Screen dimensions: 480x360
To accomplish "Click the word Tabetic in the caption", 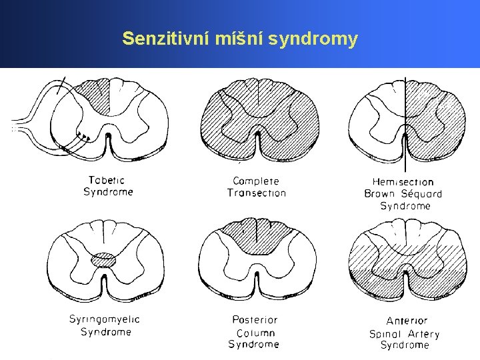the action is (107, 180).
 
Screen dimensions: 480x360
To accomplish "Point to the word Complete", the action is (256, 181).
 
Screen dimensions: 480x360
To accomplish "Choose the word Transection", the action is (257, 193).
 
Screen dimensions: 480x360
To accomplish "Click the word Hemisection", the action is (403, 182).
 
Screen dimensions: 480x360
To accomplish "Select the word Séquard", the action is (421, 194).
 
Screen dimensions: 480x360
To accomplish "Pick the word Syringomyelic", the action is (105, 320).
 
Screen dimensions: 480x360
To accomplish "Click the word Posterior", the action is (255, 321).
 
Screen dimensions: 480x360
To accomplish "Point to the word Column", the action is (255, 333).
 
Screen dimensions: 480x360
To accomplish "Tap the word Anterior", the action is (407, 321).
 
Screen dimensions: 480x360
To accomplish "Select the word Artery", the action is (424, 334).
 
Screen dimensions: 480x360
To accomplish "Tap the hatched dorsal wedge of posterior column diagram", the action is (256, 237).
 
